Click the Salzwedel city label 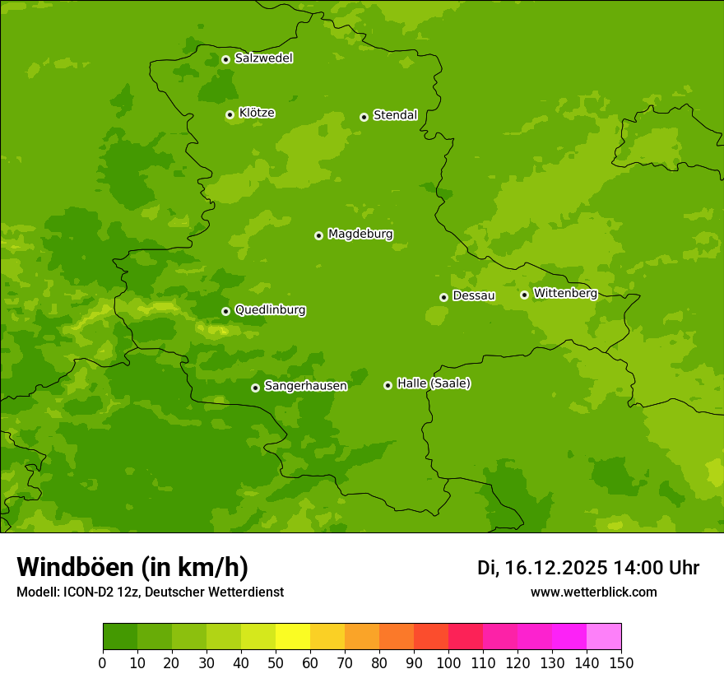(x=263, y=58)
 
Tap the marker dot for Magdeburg (x=318, y=235)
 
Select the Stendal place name (x=395, y=115)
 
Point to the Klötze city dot (x=230, y=114)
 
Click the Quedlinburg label (x=270, y=310)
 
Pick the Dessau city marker (x=443, y=297)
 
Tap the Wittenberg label (x=565, y=293)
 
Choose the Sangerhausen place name (x=305, y=386)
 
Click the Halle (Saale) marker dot (x=388, y=385)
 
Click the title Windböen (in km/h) (x=132, y=567)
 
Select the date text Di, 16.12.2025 (x=542, y=568)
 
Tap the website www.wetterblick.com (x=593, y=592)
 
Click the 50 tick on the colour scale (x=276, y=662)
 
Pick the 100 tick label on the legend (x=448, y=662)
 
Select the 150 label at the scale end (x=621, y=662)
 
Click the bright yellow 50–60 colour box (x=293, y=637)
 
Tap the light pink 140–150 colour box (x=604, y=637)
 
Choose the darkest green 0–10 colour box (x=120, y=637)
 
